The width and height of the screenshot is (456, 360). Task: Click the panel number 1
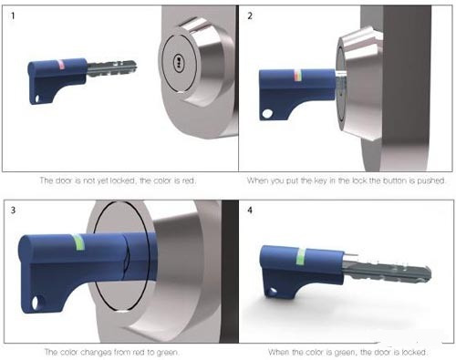[13, 15]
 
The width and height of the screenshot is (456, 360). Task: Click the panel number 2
[250, 15]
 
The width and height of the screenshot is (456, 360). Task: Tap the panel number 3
[13, 210]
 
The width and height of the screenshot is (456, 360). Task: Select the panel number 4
[250, 210]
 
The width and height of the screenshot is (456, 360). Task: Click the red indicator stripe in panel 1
[61, 65]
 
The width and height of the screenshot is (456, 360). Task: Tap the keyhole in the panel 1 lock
[178, 62]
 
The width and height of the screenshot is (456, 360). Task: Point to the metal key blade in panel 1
[112, 68]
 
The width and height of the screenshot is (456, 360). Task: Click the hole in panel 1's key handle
[37, 99]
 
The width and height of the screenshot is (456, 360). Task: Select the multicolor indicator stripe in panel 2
[297, 76]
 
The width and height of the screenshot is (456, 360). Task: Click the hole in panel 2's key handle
[267, 114]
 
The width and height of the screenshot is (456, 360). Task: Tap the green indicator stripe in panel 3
[79, 242]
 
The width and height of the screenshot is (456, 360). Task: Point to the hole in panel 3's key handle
[36, 303]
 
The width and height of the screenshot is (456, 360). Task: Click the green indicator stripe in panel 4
[301, 257]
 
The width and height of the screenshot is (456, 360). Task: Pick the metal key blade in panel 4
[386, 271]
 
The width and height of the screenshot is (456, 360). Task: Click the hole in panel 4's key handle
[272, 292]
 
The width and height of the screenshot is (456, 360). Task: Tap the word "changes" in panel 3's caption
[97, 353]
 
